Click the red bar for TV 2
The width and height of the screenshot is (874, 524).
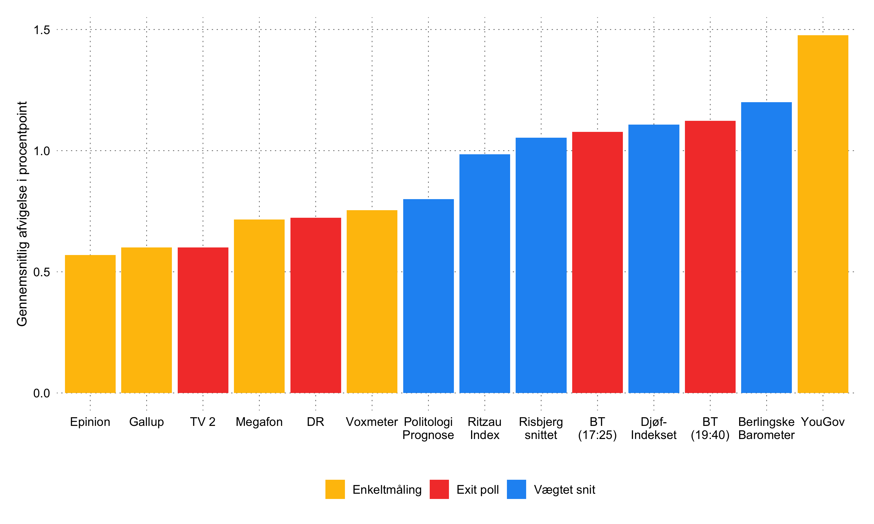coord(203,320)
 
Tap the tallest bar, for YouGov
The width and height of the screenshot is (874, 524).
coord(823,214)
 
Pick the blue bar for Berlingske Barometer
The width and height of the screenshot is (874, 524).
coord(766,247)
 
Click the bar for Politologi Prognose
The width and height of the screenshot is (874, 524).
coord(428,296)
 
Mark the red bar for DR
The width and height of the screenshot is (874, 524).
coord(316,305)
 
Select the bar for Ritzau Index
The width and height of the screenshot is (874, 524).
coord(485,273)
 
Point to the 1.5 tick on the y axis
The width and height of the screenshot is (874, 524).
coord(42,30)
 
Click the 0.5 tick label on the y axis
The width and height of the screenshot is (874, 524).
coord(42,272)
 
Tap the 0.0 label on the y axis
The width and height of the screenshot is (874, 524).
coord(42,393)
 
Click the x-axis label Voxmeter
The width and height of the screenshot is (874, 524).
coord(372,422)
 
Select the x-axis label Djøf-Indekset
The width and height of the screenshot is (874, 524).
coord(653,428)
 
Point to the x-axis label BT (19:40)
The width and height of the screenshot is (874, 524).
coord(710,428)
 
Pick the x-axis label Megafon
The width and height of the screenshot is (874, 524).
coord(259,422)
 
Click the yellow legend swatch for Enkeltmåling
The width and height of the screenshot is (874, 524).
coord(335,489)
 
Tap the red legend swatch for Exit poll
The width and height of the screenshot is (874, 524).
coord(439,489)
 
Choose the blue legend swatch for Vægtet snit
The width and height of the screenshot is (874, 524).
coord(516,489)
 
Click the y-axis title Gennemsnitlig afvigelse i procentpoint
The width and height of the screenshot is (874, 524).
coord(22,214)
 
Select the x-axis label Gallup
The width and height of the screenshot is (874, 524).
coord(146,422)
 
